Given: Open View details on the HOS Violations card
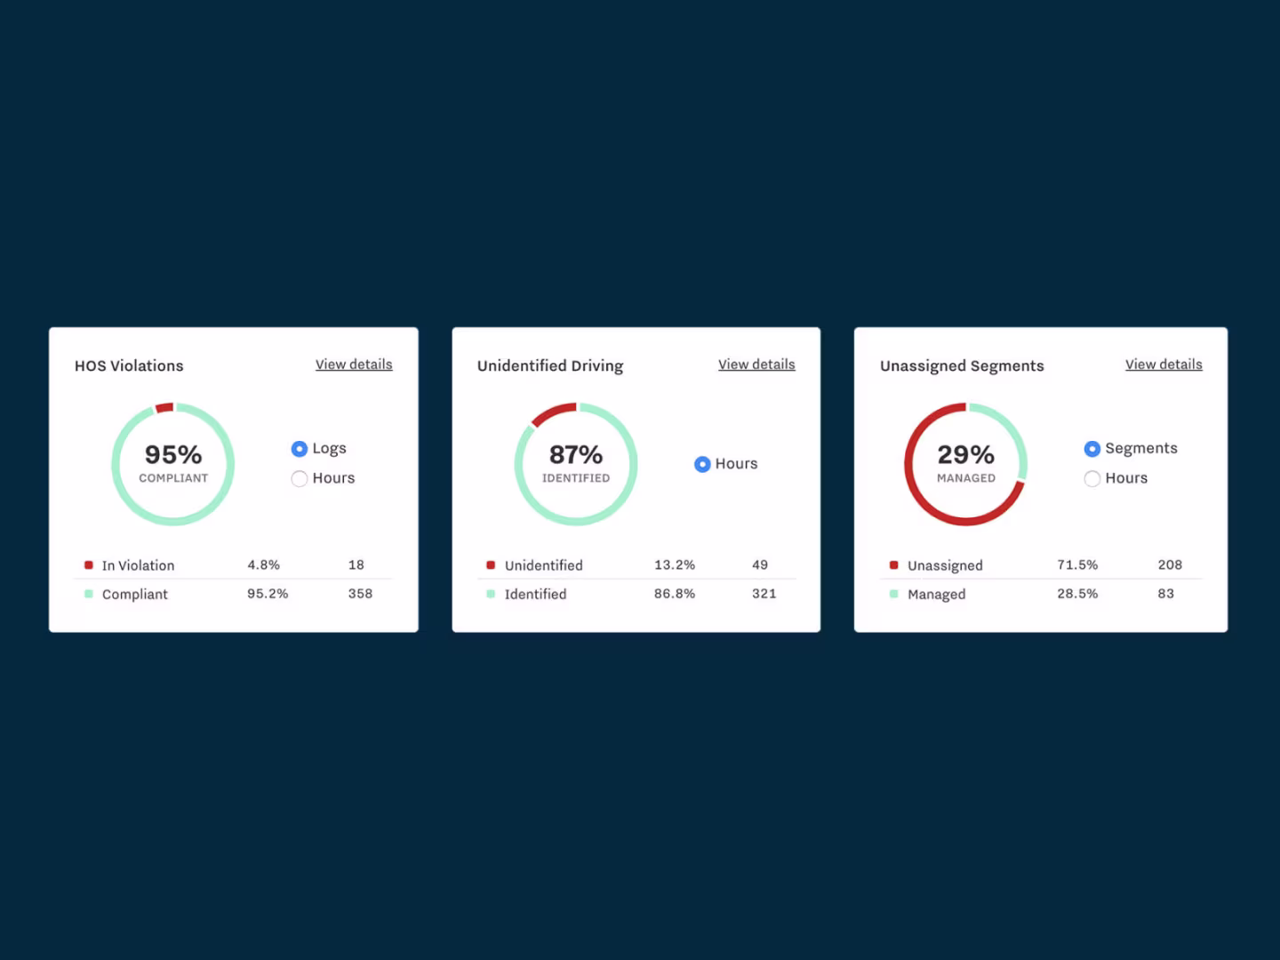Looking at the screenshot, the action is click(x=354, y=364).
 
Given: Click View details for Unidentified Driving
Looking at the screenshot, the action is click(x=756, y=364).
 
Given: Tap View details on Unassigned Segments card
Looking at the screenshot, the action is click(x=1164, y=364).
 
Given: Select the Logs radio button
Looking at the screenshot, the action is click(x=300, y=449).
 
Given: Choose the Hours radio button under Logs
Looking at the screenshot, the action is click(x=300, y=478).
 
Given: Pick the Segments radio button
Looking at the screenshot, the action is click(x=1092, y=449).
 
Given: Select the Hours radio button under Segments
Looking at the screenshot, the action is click(x=1092, y=478).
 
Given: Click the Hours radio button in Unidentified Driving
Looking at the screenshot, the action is click(x=702, y=464).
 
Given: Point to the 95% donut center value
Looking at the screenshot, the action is click(x=173, y=454).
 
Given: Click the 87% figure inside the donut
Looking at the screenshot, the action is click(x=576, y=454).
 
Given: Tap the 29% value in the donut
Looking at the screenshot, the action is click(x=965, y=454).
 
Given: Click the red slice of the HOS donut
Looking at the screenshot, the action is click(x=164, y=407).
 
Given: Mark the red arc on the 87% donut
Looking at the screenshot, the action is click(x=551, y=412).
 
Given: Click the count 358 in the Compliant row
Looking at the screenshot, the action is click(x=360, y=594).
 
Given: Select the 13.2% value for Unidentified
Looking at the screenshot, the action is click(x=675, y=564).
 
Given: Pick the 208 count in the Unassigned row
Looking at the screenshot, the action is click(x=1170, y=564).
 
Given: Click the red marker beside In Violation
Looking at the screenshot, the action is click(x=89, y=564).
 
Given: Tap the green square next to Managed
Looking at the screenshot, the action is click(x=893, y=594).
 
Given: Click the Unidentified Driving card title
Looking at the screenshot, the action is click(x=550, y=365).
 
